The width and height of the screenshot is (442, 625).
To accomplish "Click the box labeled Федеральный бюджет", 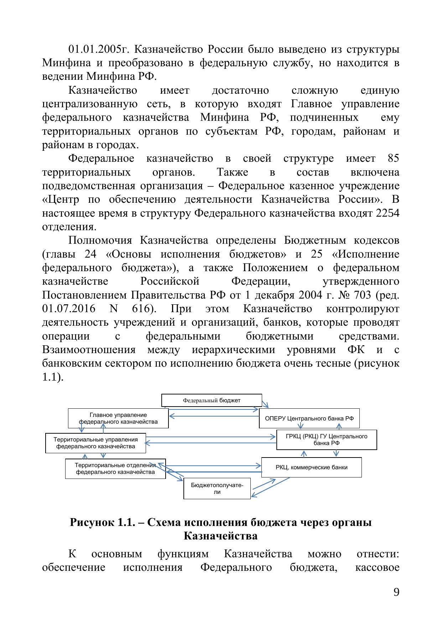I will click(x=212, y=400).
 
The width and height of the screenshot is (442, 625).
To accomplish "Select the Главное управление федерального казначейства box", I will click(x=118, y=418).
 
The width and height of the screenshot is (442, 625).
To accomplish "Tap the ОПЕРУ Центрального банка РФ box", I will click(x=309, y=418).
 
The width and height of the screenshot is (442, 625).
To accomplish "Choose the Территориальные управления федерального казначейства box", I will click(x=95, y=443).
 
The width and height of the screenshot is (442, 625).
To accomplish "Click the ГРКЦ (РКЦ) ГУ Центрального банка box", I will click(x=327, y=440).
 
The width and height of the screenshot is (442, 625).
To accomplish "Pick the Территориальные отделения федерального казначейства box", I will click(x=115, y=469).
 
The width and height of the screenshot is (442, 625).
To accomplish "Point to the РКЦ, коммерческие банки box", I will click(x=311, y=468).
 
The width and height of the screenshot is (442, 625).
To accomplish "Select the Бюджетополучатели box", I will click(x=217, y=489).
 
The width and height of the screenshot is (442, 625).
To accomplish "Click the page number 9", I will click(x=396, y=593).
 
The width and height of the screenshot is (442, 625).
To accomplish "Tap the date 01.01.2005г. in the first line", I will click(x=100, y=49).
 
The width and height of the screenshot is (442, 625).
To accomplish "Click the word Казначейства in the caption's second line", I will click(x=220, y=536).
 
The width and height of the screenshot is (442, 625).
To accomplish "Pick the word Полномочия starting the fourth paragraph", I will click(x=100, y=241).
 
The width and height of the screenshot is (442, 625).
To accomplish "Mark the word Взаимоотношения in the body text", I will click(x=89, y=350).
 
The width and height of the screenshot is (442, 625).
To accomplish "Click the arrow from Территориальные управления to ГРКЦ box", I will click(x=210, y=437).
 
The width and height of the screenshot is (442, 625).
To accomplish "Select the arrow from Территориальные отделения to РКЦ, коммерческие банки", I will click(x=214, y=465).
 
